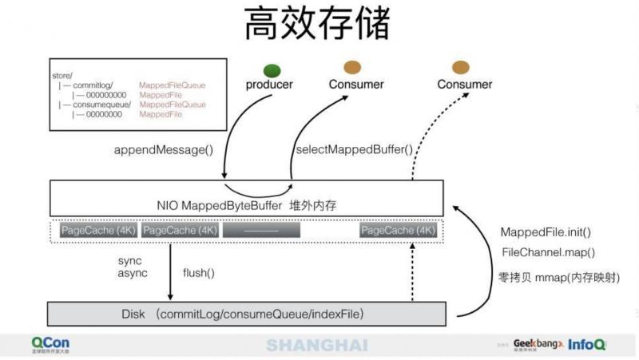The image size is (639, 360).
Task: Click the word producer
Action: pyautogui.click(x=270, y=85)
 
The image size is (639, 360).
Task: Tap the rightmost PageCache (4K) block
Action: pyautogui.click(x=398, y=231)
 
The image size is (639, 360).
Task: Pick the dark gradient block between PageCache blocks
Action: pyautogui.click(x=261, y=231)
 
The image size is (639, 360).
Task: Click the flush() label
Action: pyautogui.click(x=199, y=273)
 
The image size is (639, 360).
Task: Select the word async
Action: pyautogui.click(x=132, y=274)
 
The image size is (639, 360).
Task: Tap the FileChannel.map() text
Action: pyautogui.click(x=548, y=252)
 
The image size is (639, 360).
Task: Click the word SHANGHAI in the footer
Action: pyautogui.click(x=317, y=345)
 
